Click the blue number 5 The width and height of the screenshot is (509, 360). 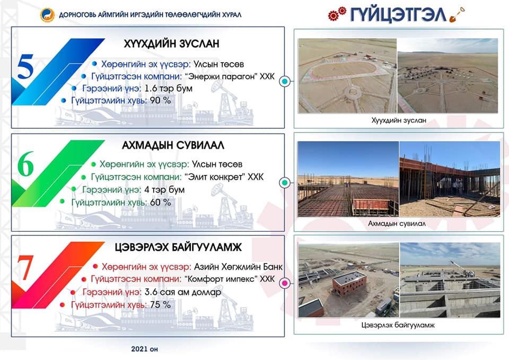(25, 67)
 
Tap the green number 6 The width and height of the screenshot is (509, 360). (25, 164)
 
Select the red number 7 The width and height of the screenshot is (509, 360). (25, 268)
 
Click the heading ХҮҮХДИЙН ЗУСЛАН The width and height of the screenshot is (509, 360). (171, 43)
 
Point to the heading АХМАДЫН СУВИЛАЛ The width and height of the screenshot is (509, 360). (173, 145)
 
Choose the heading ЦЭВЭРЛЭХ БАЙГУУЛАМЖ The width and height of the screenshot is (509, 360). (178, 248)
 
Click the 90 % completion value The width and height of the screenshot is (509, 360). (160, 100)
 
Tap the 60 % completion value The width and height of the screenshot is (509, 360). (160, 202)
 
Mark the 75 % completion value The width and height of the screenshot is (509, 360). (160, 304)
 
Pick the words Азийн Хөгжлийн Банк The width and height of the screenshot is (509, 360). (238, 267)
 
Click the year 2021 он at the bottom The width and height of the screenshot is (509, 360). (144, 349)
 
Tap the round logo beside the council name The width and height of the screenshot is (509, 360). (47, 15)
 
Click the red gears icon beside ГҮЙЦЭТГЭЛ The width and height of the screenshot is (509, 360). (337, 13)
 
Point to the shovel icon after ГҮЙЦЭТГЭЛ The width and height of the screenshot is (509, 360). (457, 15)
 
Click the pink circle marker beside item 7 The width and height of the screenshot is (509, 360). (285, 284)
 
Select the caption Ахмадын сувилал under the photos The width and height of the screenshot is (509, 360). (397, 223)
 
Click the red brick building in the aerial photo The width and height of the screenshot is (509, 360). (349, 283)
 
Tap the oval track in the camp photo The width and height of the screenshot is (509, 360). (345, 70)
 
